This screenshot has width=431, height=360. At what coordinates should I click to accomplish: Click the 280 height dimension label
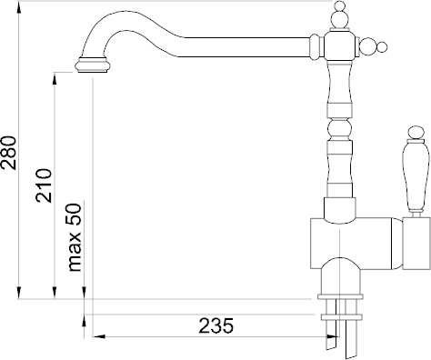[8, 153]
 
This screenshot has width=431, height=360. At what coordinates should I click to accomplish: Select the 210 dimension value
[44, 185]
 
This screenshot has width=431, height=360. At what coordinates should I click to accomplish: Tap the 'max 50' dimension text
[75, 237]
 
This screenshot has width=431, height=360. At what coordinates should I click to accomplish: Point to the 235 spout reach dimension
[216, 325]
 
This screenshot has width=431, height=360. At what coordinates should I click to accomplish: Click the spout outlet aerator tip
[93, 65]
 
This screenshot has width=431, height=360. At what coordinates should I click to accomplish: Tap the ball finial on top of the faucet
[339, 15]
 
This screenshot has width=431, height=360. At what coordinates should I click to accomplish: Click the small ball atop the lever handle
[416, 133]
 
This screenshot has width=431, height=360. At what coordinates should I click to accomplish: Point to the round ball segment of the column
[340, 130]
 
